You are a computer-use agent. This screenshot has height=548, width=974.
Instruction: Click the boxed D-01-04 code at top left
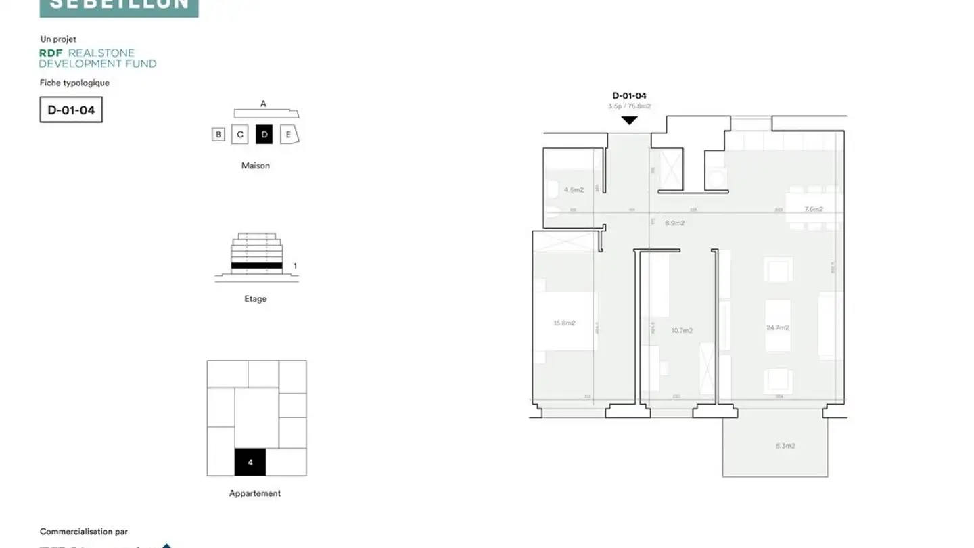pyautogui.click(x=71, y=110)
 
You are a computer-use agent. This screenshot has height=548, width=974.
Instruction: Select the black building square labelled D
pyautogui.click(x=264, y=134)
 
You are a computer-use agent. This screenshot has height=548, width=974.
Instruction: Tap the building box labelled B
pyautogui.click(x=218, y=135)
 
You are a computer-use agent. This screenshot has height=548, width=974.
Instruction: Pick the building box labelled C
pyautogui.click(x=240, y=135)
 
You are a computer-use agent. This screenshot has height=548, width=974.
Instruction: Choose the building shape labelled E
pyautogui.click(x=289, y=134)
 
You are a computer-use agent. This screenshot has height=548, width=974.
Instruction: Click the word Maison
pyautogui.click(x=256, y=166)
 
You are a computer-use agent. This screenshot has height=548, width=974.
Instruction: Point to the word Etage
pyautogui.click(x=256, y=299)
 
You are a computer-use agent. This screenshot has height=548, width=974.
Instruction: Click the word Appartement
pyautogui.click(x=255, y=493)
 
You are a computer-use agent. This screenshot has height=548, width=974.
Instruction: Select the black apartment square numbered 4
pyautogui.click(x=250, y=462)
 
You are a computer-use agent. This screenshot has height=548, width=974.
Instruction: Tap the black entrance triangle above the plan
pyautogui.click(x=630, y=120)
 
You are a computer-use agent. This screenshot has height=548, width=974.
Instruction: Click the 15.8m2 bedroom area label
pyautogui.click(x=564, y=323)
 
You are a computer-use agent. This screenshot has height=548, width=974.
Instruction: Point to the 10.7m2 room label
pyautogui.click(x=682, y=331)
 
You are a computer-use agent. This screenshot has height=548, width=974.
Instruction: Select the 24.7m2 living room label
pyautogui.click(x=778, y=327)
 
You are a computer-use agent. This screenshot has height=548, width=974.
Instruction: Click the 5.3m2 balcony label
pyautogui.click(x=785, y=446)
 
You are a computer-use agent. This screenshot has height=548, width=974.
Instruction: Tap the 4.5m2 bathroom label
pyautogui.click(x=574, y=190)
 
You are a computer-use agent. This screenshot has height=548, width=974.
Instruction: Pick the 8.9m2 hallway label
pyautogui.click(x=674, y=223)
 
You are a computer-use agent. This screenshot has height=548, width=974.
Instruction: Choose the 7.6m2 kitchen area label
pyautogui.click(x=814, y=209)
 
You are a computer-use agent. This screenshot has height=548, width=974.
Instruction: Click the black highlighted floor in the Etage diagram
pyautogui.click(x=256, y=266)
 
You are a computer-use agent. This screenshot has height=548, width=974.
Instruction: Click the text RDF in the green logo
pyautogui.click(x=51, y=53)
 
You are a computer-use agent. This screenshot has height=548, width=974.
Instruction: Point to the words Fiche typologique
pyautogui.click(x=74, y=83)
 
